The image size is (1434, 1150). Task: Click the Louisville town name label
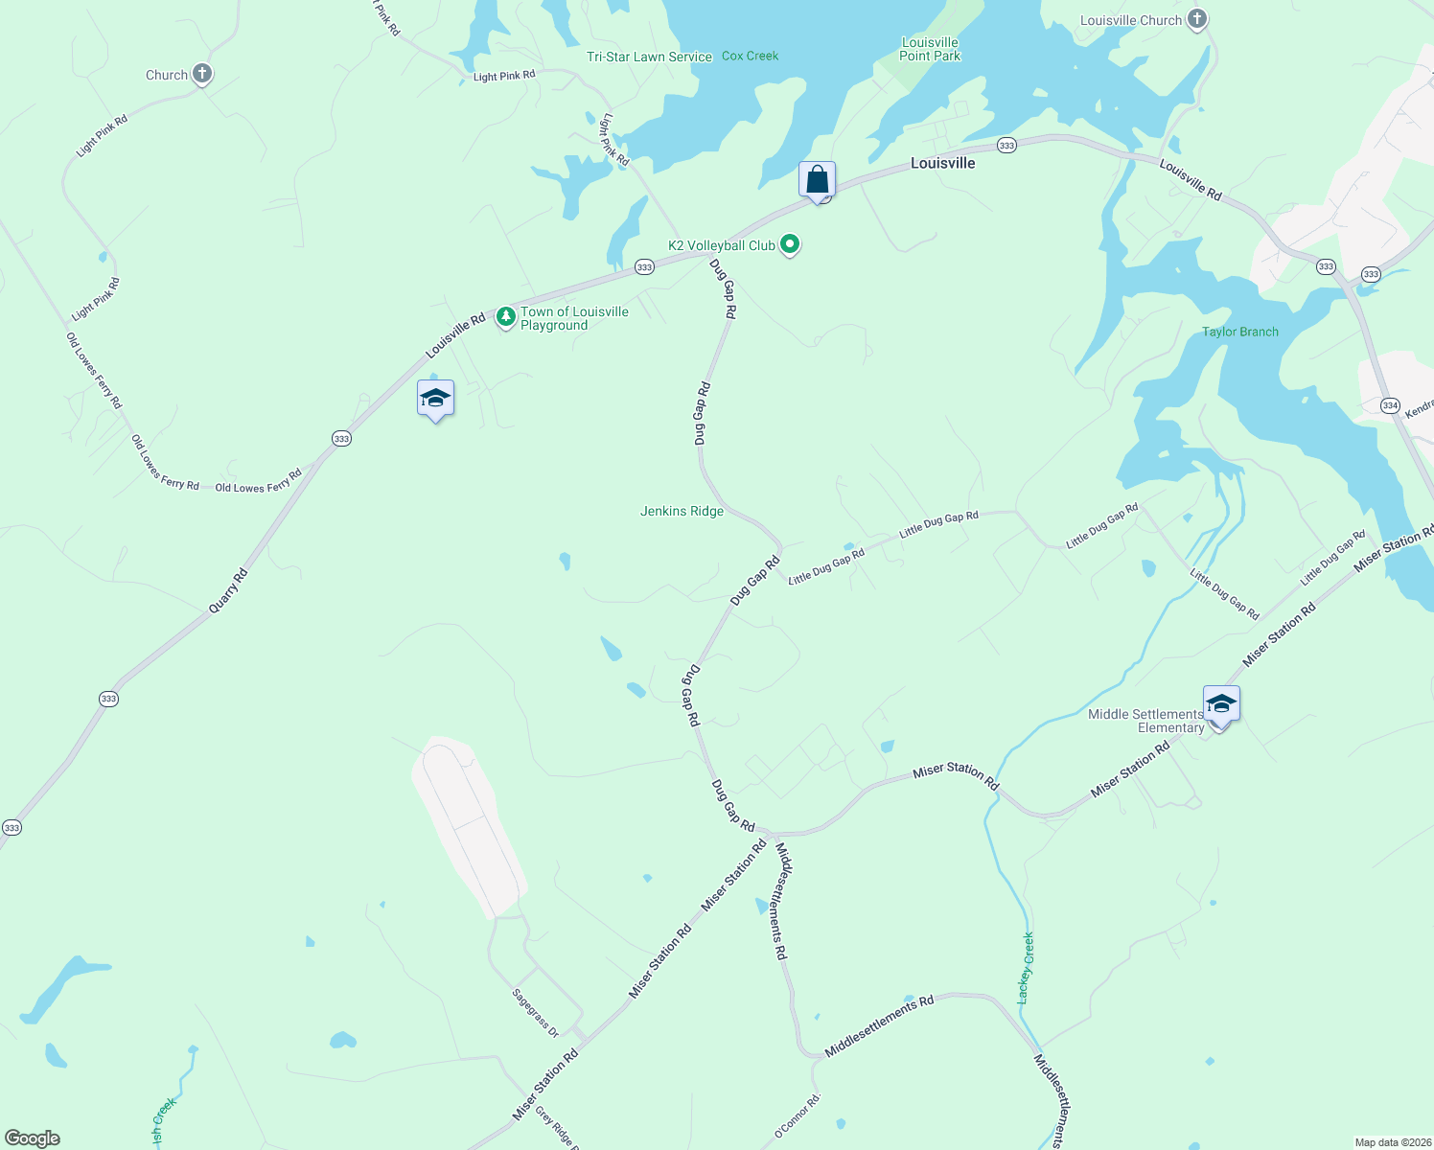pyautogui.click(x=942, y=163)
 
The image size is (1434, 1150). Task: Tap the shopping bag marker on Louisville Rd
pyautogui.click(x=818, y=180)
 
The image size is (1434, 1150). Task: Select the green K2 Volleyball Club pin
pyautogui.click(x=790, y=245)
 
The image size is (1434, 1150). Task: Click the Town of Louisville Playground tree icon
pyautogui.click(x=505, y=318)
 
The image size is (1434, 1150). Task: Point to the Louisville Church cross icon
pyautogui.click(x=1196, y=19)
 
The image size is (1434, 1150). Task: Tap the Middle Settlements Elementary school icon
pyautogui.click(x=1221, y=706)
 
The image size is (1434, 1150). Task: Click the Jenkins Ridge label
pyautogui.click(x=682, y=512)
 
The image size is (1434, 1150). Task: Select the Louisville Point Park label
pyautogui.click(x=930, y=49)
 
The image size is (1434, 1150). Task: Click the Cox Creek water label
pyautogui.click(x=750, y=57)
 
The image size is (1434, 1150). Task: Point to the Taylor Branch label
pyautogui.click(x=1239, y=333)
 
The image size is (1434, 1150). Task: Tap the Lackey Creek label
pyautogui.click(x=1027, y=968)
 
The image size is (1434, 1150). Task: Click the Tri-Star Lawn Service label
pyautogui.click(x=649, y=57)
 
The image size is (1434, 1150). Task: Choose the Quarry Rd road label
pyautogui.click(x=229, y=590)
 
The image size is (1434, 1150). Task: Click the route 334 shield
pyautogui.click(x=1390, y=406)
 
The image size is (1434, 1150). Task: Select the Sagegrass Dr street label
pyautogui.click(x=535, y=1013)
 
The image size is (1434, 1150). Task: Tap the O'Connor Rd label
pyautogui.click(x=798, y=1116)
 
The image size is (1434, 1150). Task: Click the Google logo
pyautogui.click(x=33, y=1138)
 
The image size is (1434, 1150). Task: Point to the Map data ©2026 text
pyautogui.click(x=1393, y=1142)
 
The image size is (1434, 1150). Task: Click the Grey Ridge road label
pyautogui.click(x=557, y=1128)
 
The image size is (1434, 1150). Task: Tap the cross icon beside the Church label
pyautogui.click(x=201, y=74)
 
